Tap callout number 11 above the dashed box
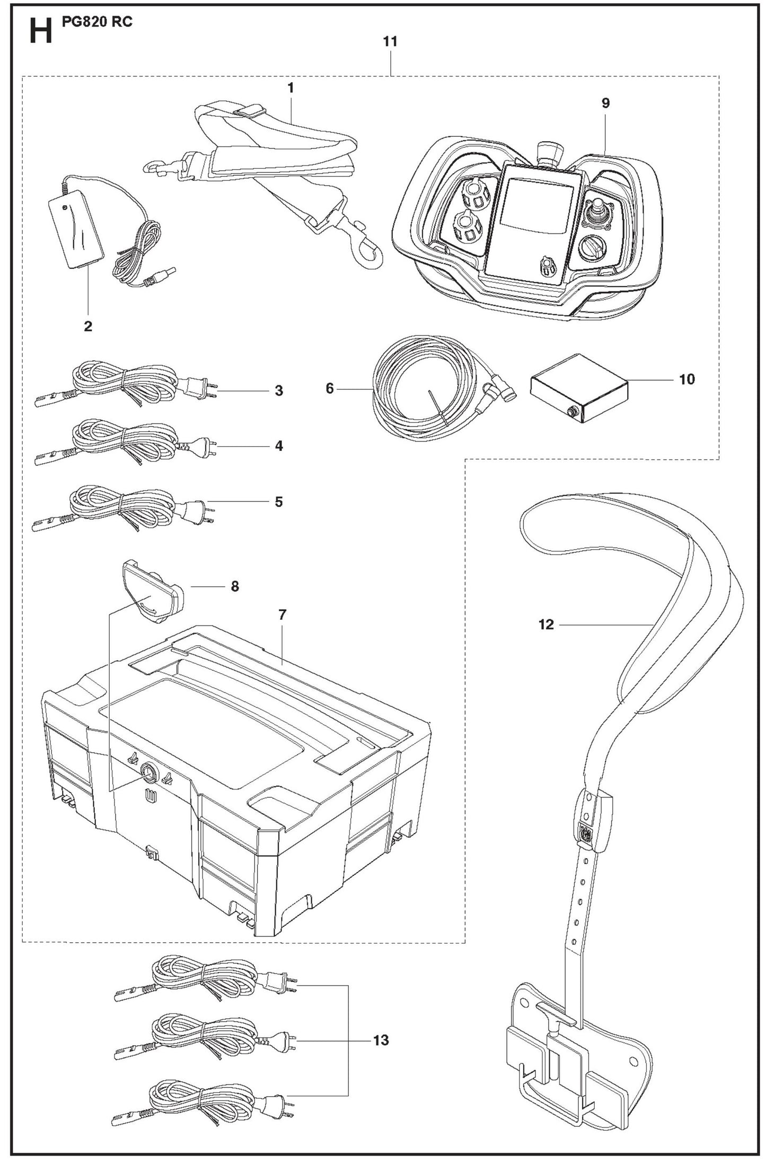(390, 41)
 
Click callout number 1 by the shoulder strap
(290, 88)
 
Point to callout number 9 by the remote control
(605, 103)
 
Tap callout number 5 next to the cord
(279, 501)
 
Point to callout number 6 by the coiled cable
(330, 389)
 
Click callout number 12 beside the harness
(546, 624)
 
